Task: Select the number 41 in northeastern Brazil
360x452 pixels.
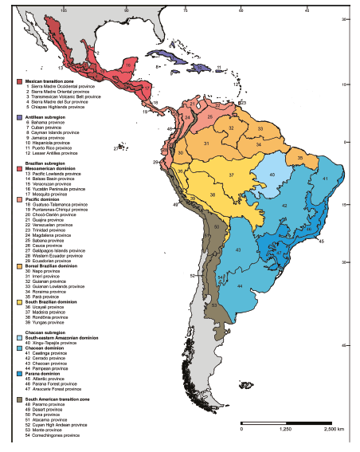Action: pos(327,179)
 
